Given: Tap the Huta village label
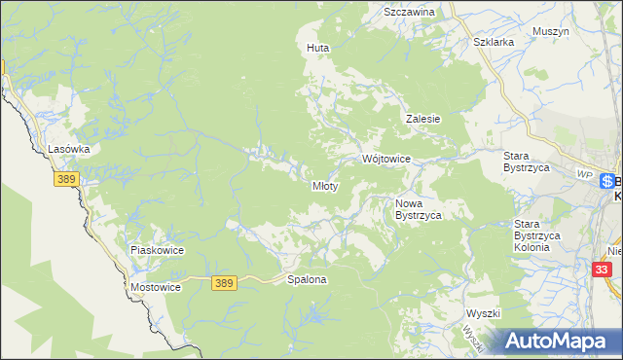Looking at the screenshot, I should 317,48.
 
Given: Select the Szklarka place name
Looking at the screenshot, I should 492,43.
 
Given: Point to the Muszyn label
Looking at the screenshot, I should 550,31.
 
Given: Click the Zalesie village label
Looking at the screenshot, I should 423,119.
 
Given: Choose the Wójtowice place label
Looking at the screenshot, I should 386,159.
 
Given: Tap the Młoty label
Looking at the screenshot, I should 324,186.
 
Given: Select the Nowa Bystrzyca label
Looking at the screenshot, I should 419,209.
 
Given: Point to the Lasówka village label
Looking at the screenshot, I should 69,149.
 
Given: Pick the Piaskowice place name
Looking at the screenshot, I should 157,250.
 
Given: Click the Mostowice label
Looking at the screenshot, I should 156,289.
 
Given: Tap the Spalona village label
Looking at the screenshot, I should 307,279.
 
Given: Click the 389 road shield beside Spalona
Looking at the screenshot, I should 224,282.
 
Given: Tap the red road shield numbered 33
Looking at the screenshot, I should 604,268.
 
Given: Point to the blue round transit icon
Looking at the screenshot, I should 606,181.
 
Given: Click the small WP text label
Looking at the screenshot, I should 584,173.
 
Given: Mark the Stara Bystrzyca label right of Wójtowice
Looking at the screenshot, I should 527,162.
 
